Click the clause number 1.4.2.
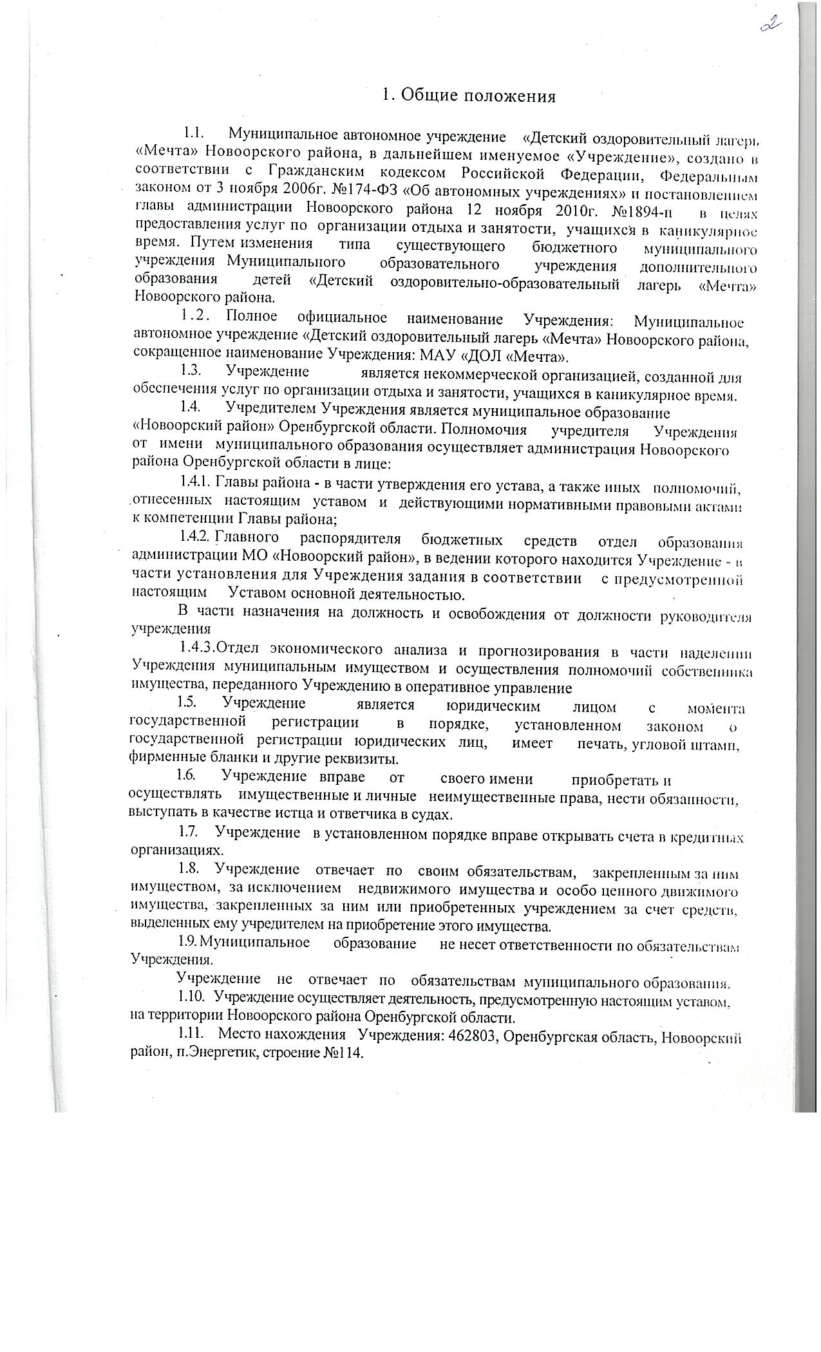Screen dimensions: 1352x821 pyautogui.click(x=195, y=536)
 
